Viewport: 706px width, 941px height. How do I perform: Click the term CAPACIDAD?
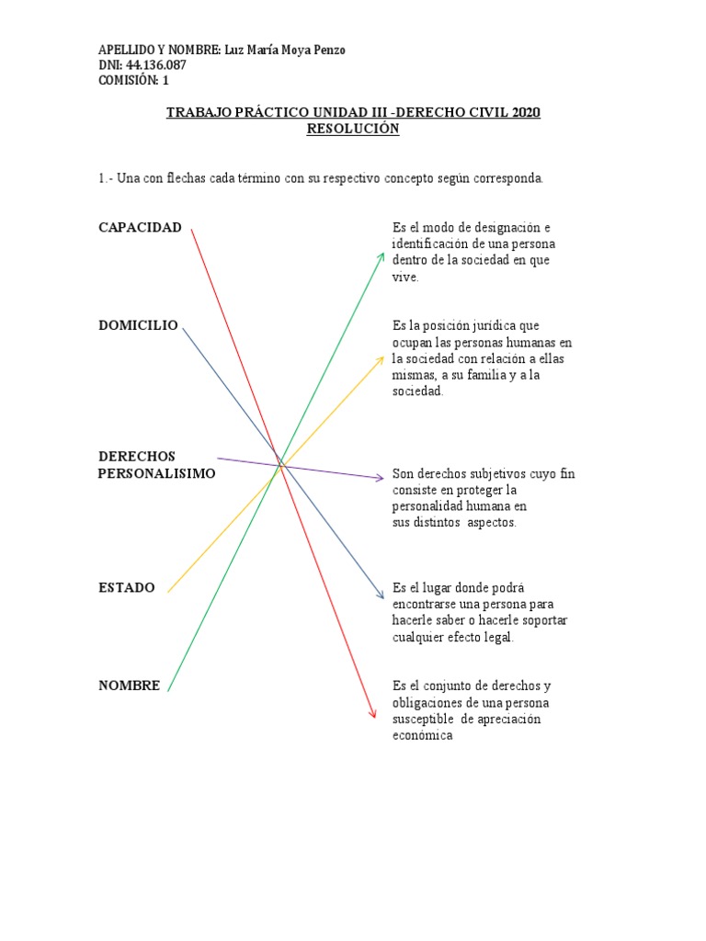click(140, 228)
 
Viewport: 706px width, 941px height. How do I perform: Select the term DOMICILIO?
click(138, 325)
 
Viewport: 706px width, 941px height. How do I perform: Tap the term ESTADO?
click(127, 587)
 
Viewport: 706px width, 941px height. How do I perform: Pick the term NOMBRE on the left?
click(130, 686)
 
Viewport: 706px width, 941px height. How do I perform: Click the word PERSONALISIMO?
click(156, 473)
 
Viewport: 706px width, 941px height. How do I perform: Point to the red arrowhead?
click(372, 713)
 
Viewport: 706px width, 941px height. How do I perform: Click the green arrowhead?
click(381, 256)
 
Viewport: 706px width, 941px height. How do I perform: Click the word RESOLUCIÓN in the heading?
click(353, 130)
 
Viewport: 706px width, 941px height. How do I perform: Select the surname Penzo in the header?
click(327, 50)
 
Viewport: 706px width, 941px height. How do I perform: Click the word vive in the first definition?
click(404, 278)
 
